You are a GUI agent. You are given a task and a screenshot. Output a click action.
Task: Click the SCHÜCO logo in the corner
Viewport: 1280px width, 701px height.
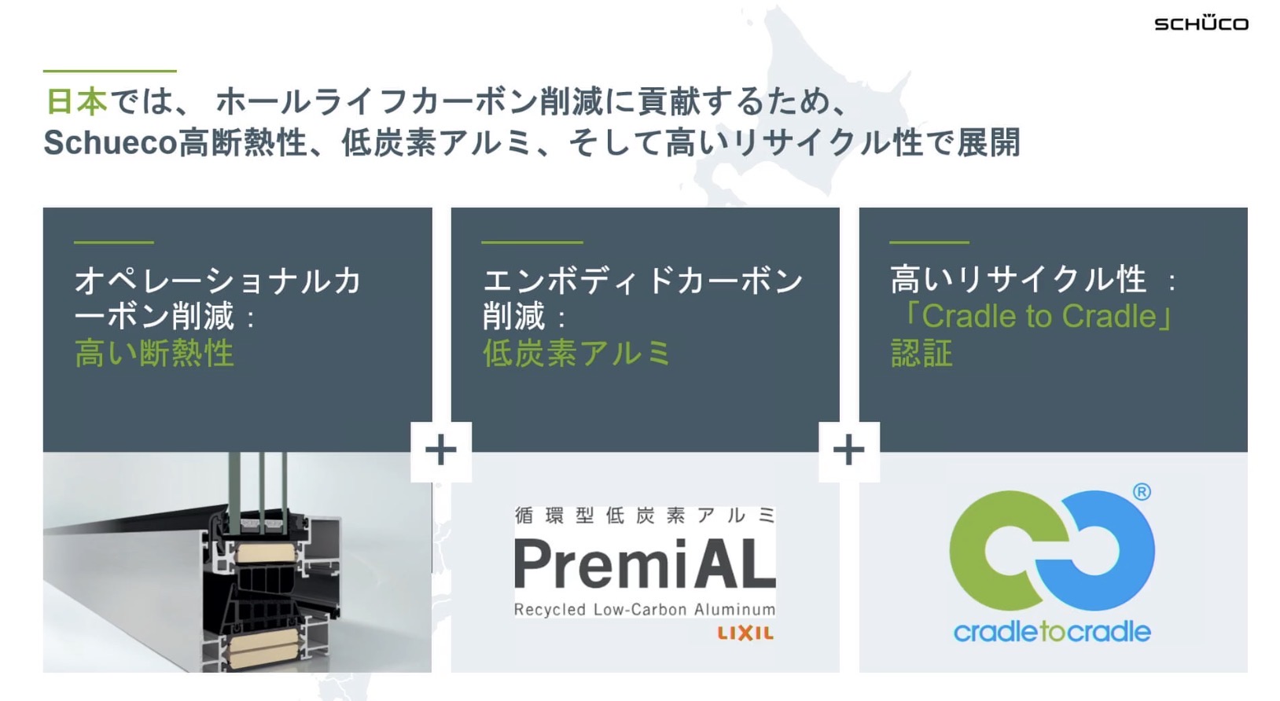pos(1201,24)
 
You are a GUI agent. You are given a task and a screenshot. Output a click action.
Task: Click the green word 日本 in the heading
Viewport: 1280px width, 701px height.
pos(75,102)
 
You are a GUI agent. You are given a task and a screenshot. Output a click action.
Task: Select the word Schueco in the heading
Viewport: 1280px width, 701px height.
pos(110,143)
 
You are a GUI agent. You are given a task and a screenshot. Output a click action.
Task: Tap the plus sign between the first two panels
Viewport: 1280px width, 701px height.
pos(440,451)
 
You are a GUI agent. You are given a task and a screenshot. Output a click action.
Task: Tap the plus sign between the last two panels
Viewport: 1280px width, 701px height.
pos(848,451)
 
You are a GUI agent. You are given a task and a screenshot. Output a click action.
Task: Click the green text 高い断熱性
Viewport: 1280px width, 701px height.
pos(154,354)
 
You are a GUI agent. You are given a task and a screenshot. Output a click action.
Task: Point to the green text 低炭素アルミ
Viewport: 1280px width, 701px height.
pos(576,354)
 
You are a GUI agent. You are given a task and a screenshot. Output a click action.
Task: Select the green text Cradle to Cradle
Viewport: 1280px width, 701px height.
pos(1039,316)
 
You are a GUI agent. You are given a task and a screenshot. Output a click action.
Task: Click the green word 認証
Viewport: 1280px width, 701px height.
pos(921,354)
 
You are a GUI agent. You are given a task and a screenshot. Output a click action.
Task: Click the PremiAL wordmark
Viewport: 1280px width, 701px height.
pos(645,563)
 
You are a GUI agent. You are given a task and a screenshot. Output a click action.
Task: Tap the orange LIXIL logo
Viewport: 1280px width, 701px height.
pos(745,633)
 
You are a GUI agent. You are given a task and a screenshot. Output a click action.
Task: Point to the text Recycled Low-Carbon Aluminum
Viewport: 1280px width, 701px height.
pos(645,609)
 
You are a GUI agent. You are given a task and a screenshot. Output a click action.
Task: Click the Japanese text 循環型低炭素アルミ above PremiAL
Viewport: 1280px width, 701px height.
pos(645,516)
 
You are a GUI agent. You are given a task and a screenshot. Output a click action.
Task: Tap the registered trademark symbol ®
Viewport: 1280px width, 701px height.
pos(1142,492)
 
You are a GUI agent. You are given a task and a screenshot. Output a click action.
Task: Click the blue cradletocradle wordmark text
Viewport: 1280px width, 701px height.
pos(1052,631)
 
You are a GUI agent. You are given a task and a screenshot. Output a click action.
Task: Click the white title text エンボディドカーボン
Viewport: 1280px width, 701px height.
pos(642,281)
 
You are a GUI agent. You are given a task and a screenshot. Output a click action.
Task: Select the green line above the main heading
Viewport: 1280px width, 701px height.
pos(109,72)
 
